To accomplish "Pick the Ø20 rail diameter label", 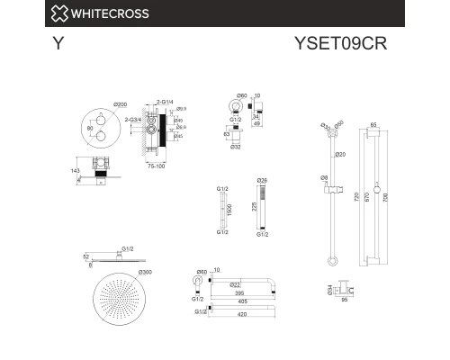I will click(341, 156).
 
